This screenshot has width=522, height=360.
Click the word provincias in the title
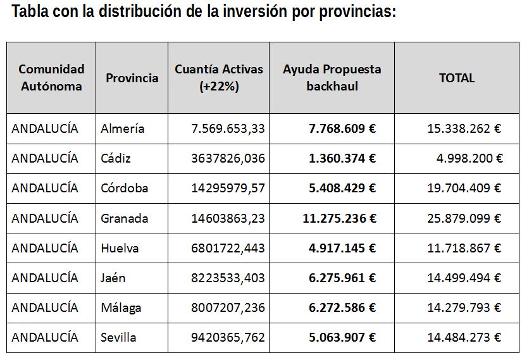(x=354, y=13)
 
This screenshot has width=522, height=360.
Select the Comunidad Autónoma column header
(x=51, y=78)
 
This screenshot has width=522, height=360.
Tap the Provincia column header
(x=132, y=78)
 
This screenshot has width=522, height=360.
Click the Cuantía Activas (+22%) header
(x=218, y=78)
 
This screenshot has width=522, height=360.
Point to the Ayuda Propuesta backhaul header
(x=332, y=78)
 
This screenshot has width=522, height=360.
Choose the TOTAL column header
(x=456, y=78)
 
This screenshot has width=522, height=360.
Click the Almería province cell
(x=122, y=128)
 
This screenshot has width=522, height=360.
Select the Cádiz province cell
(x=116, y=158)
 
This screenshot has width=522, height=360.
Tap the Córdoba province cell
(x=124, y=188)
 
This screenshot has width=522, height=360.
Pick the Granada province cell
(x=124, y=218)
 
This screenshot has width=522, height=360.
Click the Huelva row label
(x=120, y=248)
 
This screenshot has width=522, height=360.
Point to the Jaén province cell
(x=113, y=278)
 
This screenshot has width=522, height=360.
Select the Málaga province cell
(x=121, y=307)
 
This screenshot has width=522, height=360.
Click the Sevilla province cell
(x=118, y=337)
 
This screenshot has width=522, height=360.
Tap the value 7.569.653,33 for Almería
(x=228, y=128)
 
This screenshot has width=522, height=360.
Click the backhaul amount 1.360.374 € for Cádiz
(x=342, y=158)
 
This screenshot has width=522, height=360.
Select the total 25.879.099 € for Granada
(x=464, y=218)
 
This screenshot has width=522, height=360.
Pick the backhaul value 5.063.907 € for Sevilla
(x=342, y=337)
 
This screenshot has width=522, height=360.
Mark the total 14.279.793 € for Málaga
(x=464, y=307)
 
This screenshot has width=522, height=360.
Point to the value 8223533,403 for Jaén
(x=228, y=278)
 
